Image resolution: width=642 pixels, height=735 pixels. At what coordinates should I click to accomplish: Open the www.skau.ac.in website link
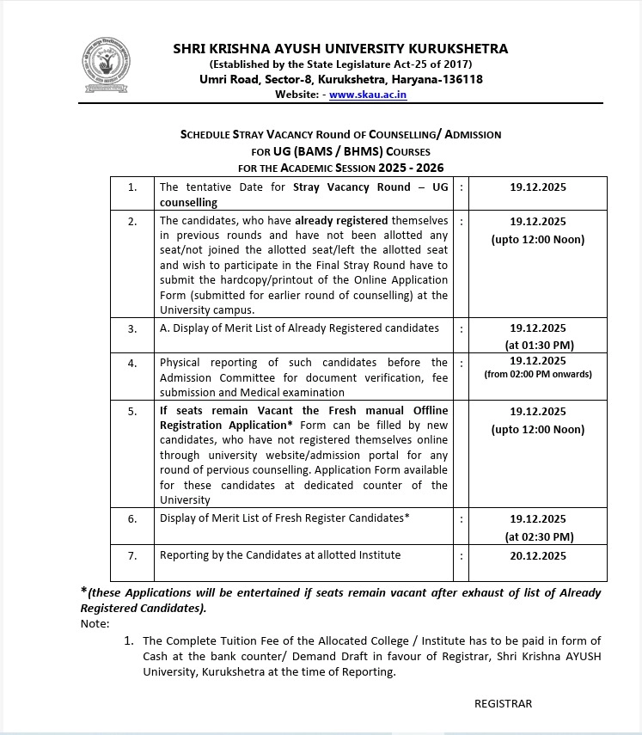pos(368,95)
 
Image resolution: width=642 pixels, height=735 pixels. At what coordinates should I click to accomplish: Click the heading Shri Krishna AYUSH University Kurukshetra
pos(340,48)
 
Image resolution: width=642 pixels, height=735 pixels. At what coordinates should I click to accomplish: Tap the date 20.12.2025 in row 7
pos(537,555)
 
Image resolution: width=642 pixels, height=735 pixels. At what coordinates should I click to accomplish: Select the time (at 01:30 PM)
pos(537,345)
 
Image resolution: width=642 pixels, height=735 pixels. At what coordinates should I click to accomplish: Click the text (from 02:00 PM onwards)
pos(537,374)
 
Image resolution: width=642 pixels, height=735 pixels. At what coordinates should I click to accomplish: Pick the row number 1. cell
pos(132,187)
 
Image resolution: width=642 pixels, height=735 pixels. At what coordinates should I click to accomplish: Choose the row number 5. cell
pos(132,412)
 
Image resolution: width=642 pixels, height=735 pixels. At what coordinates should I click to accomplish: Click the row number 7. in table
pos(132,555)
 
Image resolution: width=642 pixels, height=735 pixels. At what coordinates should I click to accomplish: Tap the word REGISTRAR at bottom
pos(503,703)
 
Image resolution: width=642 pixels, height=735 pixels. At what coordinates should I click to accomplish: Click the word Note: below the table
pos(95,623)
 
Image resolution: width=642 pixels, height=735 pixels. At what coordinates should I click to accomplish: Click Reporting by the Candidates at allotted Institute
pos(280,554)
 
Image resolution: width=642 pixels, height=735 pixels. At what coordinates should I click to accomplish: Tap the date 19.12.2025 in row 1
pos(537,187)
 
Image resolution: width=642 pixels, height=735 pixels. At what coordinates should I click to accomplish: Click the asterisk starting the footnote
pos(83,591)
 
